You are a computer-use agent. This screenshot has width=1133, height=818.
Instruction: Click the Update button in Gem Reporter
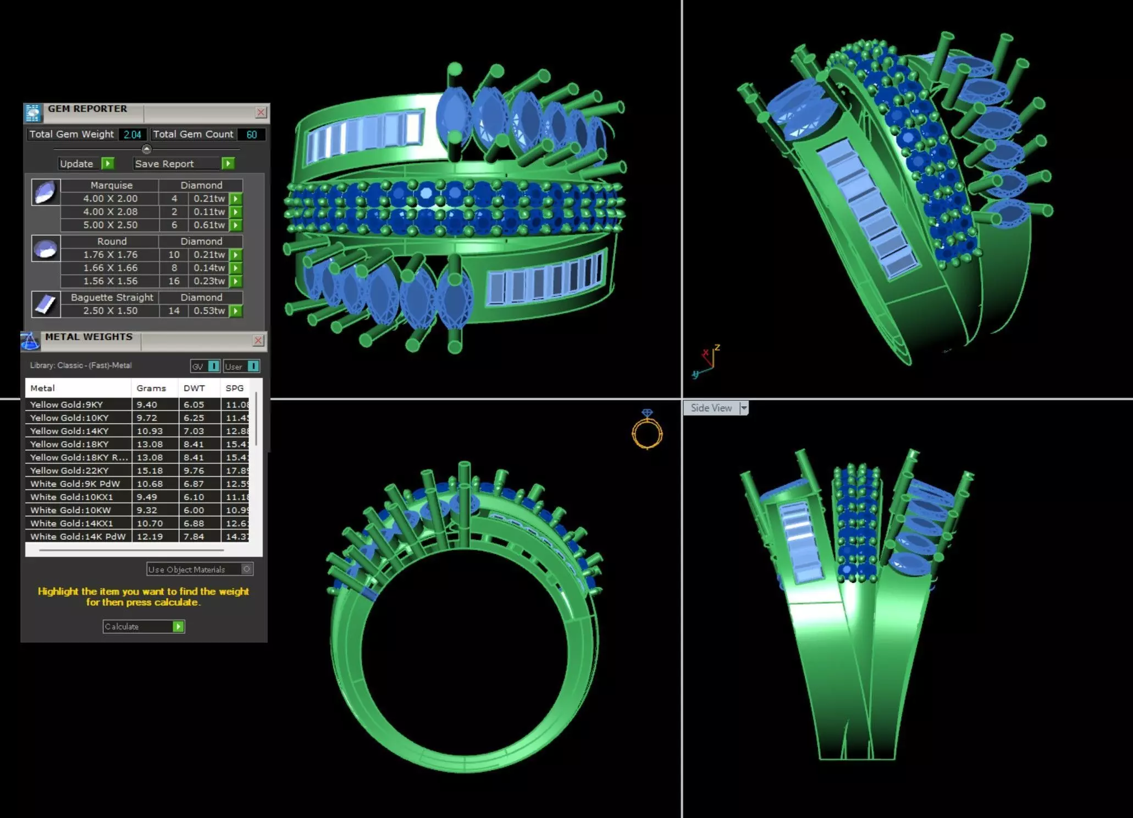86,163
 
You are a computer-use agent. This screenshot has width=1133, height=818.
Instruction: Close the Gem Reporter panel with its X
261,113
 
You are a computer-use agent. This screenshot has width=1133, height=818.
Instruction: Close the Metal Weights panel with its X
258,340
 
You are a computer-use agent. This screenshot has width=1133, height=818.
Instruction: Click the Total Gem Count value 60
252,135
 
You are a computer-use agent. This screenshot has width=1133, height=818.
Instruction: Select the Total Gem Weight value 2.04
132,135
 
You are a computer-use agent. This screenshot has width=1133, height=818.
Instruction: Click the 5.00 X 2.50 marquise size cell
110,225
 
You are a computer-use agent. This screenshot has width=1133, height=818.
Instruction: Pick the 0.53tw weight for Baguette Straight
209,311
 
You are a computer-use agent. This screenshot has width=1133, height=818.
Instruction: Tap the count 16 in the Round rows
174,281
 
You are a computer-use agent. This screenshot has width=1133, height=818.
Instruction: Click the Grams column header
151,388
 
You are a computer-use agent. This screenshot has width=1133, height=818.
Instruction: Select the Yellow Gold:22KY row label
69,471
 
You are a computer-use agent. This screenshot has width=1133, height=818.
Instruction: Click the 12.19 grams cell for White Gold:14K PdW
150,537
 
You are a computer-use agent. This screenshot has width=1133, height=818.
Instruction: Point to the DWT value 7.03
194,431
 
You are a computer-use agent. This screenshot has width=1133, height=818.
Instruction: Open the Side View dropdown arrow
744,408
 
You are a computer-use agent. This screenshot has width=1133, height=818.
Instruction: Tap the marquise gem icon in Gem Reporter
45,192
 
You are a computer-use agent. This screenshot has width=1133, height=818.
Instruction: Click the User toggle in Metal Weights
241,366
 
